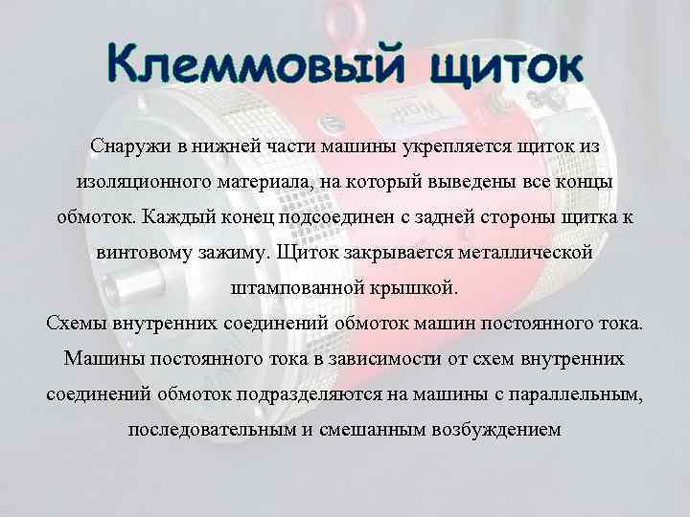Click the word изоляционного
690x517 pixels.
137,181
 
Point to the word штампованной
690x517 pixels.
290,287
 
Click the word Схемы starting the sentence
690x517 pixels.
76,323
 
